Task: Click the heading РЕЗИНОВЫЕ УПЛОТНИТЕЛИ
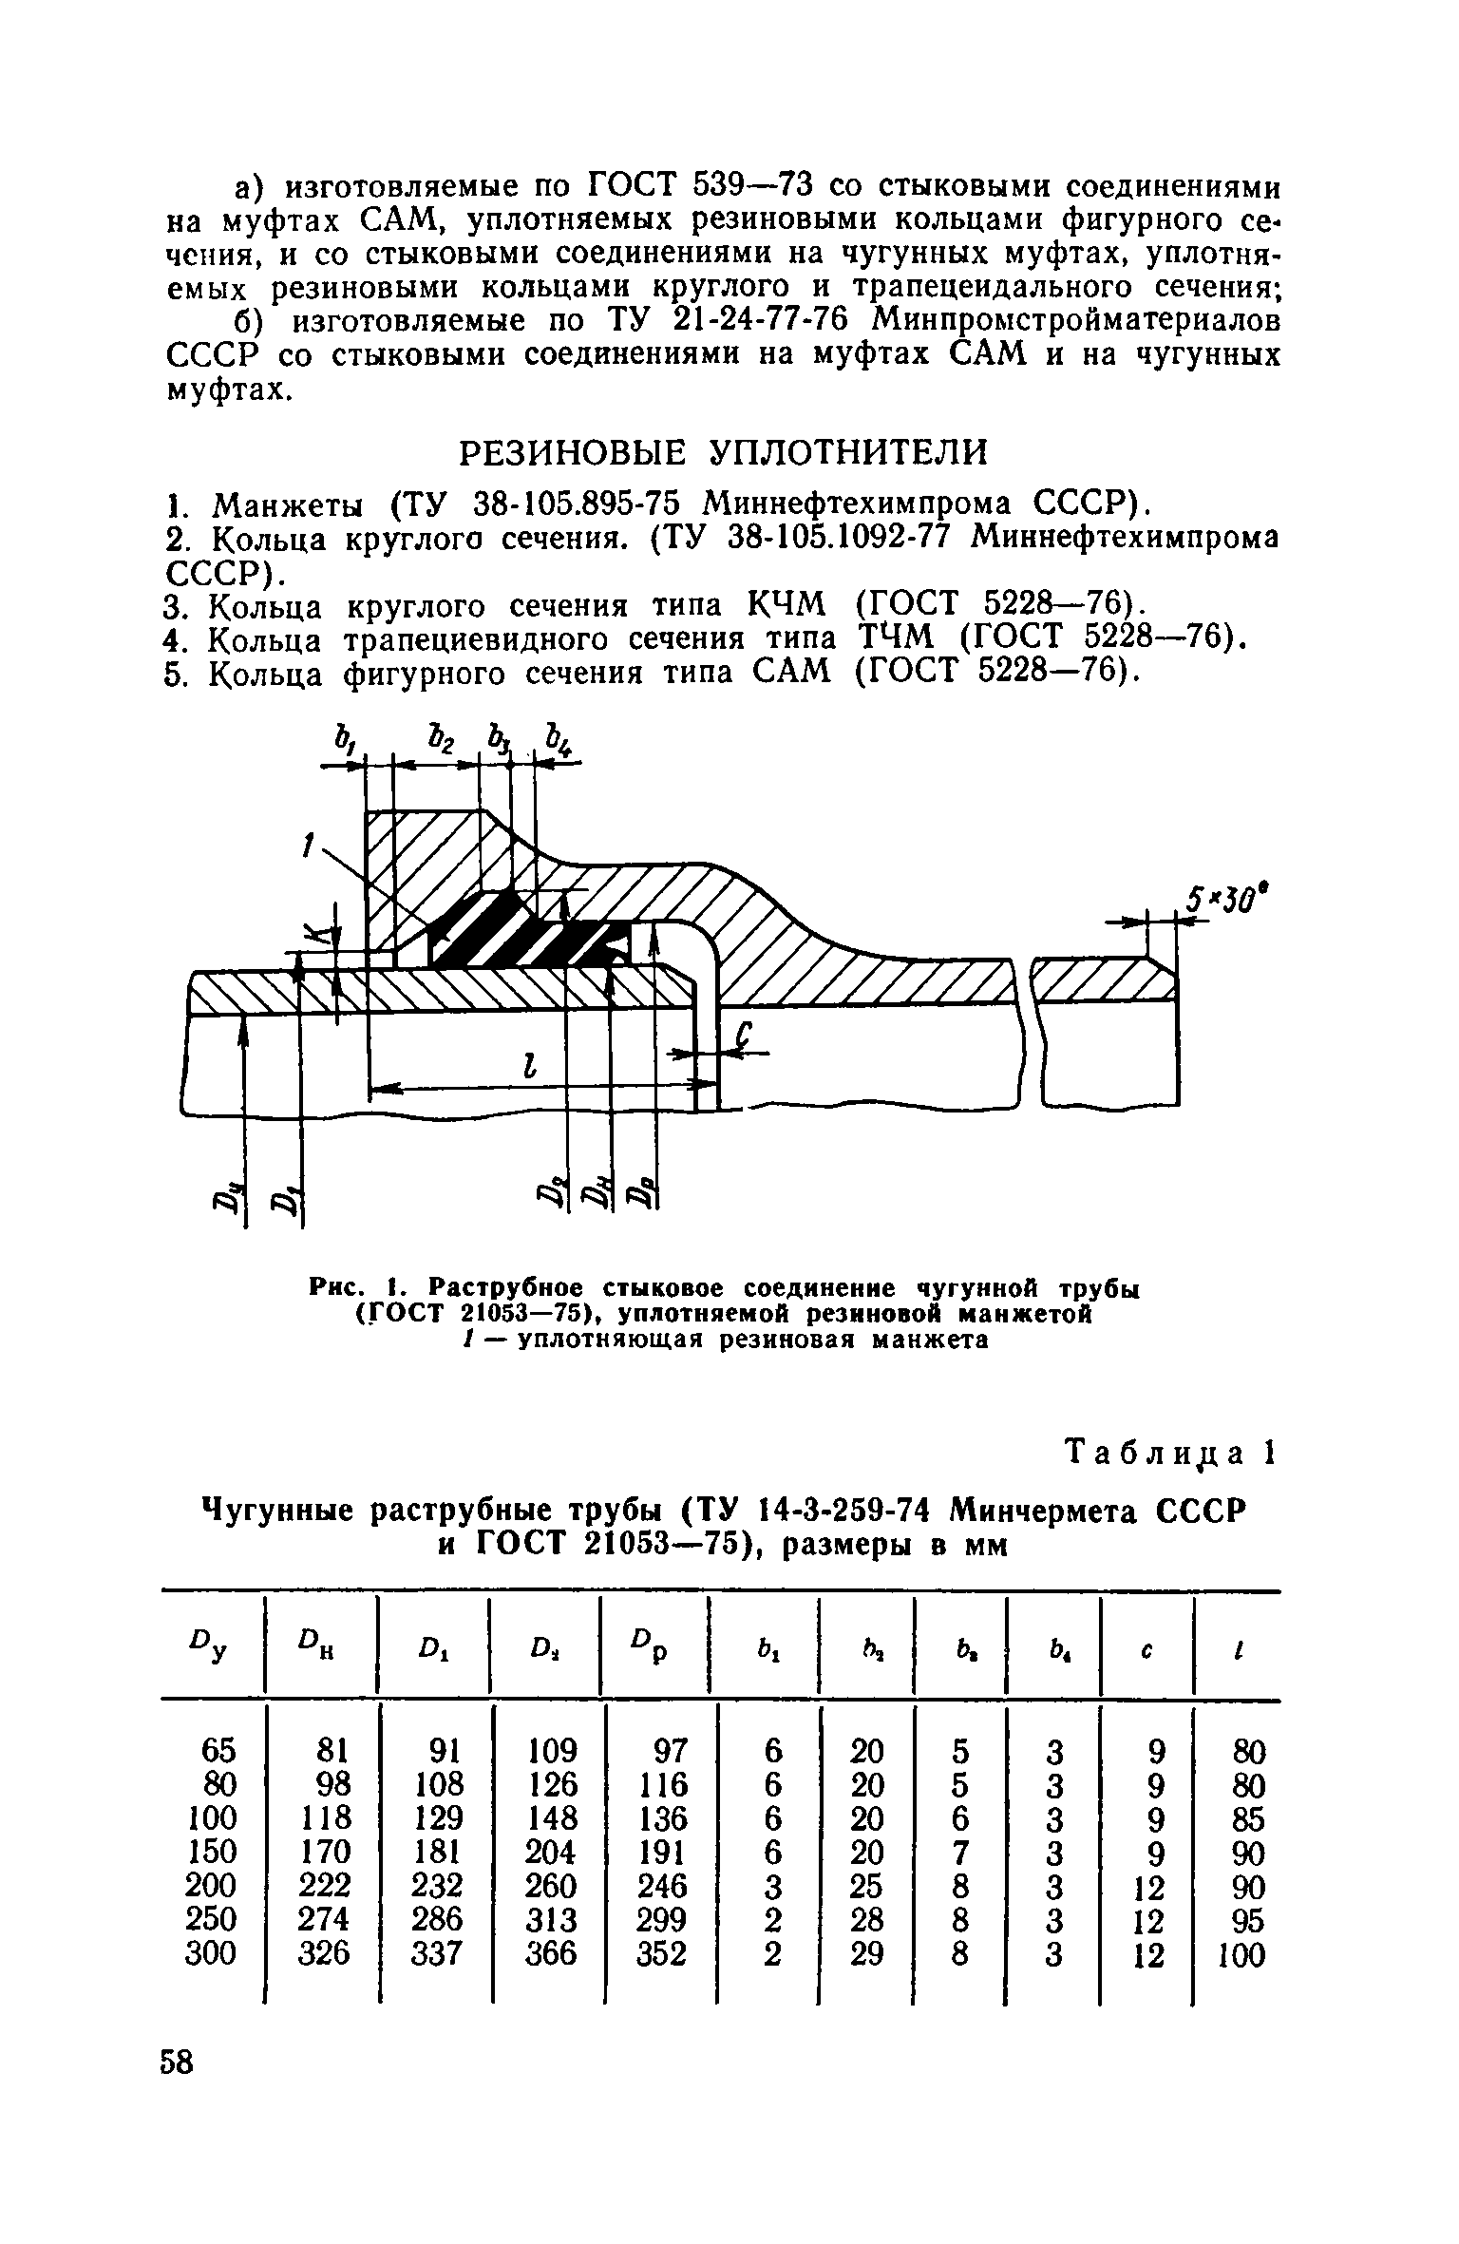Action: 723,452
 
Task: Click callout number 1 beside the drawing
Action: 308,844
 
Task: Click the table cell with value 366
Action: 552,1954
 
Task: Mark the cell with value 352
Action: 662,1954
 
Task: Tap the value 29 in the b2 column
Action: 866,1954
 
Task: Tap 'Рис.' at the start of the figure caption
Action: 336,1288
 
